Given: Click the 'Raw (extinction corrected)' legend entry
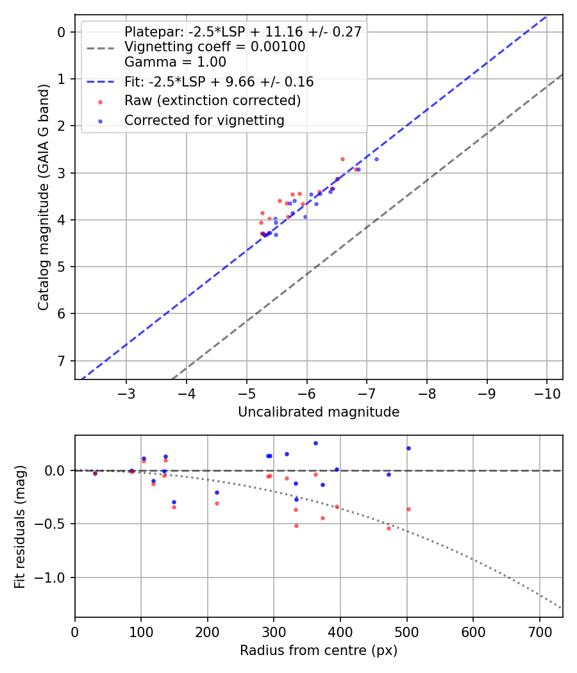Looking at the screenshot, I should pyautogui.click(x=212, y=101).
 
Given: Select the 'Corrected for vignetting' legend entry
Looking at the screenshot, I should pyautogui.click(x=204, y=120).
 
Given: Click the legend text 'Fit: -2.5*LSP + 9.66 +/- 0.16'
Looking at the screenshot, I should pyautogui.click(x=219, y=82).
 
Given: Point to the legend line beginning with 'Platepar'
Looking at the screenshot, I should pyautogui.click(x=244, y=31).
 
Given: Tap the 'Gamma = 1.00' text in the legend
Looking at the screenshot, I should pyautogui.click(x=175, y=62).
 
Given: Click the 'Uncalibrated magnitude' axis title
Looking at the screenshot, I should pyautogui.click(x=319, y=412).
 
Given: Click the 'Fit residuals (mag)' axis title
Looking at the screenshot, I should pyautogui.click(x=21, y=526).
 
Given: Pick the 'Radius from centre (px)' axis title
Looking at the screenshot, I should pyautogui.click(x=319, y=651).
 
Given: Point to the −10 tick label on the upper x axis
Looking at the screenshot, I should pyautogui.click(x=546, y=392).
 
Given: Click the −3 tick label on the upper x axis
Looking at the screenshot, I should pyautogui.click(x=126, y=392).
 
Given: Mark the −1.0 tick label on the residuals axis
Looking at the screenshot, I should pyautogui.click(x=54, y=577).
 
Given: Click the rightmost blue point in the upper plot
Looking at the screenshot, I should pyautogui.click(x=376, y=159).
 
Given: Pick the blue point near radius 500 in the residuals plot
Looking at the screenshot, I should pyautogui.click(x=408, y=448).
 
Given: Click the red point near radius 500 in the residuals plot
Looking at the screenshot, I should pyautogui.click(x=408, y=509).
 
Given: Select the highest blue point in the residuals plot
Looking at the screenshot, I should pyautogui.click(x=315, y=443).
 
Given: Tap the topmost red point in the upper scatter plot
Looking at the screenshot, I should pyautogui.click(x=342, y=159).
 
